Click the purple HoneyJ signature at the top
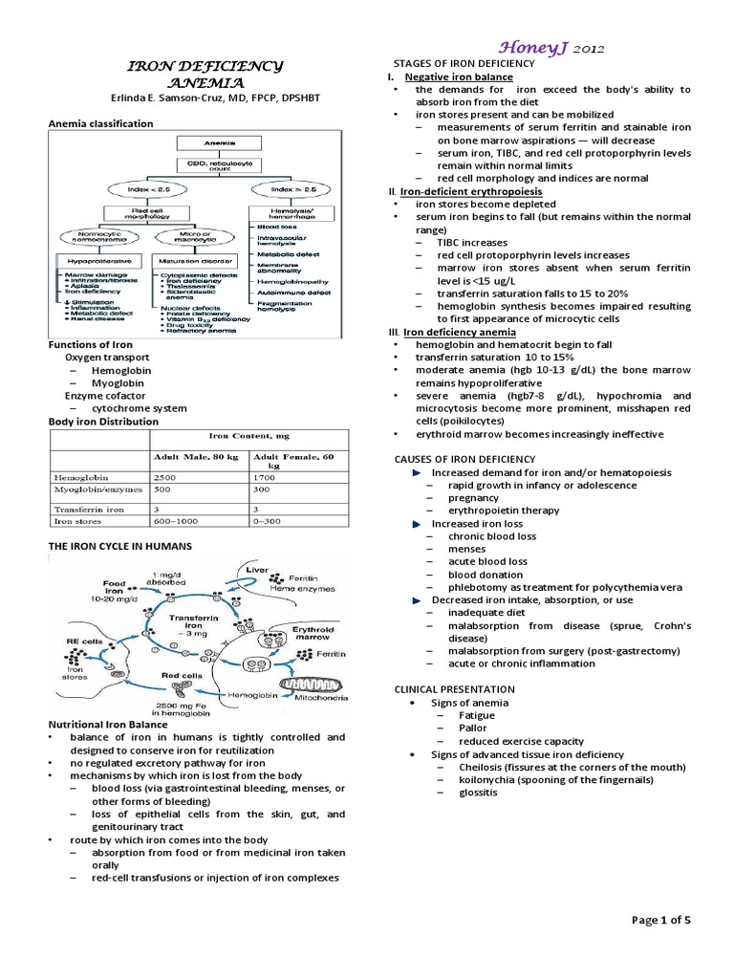click(x=549, y=47)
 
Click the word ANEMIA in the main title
click(x=205, y=84)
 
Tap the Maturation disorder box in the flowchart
click(x=192, y=258)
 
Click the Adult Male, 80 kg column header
click(x=191, y=455)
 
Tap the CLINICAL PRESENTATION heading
click(x=455, y=688)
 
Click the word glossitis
click(x=478, y=793)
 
